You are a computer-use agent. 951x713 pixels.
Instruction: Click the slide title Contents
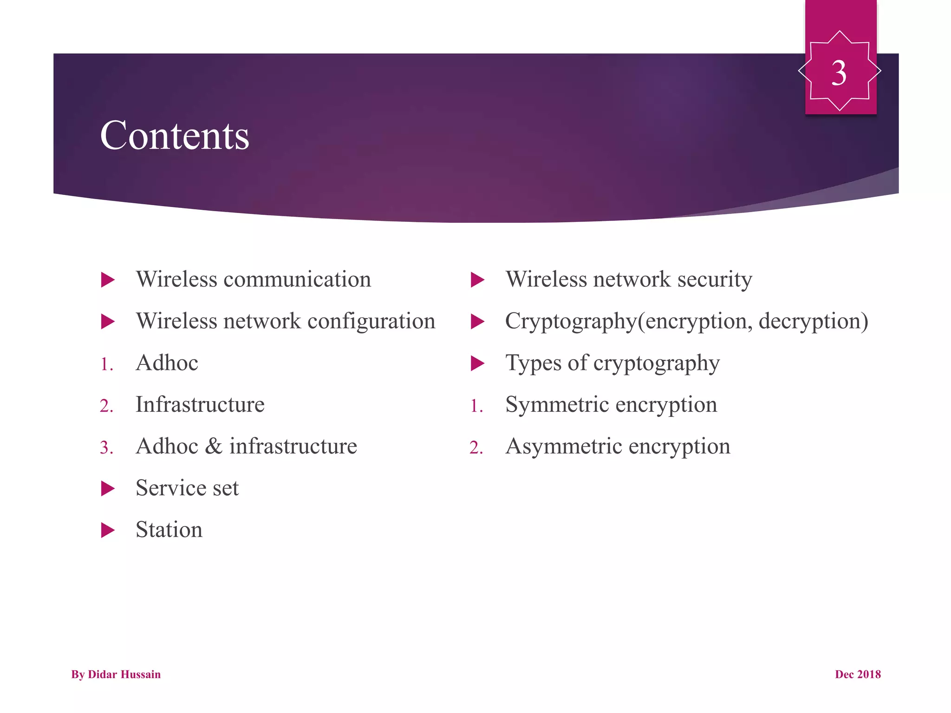tap(175, 136)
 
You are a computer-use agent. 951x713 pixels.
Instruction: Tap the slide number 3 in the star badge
tap(839, 73)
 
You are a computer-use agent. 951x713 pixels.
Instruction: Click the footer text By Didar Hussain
tap(116, 674)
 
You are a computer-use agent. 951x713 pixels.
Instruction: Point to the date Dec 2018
tap(858, 674)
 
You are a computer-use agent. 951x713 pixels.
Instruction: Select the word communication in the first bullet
tap(297, 279)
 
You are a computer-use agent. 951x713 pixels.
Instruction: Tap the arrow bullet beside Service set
tap(108, 488)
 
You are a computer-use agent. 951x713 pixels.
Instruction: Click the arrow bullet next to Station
tap(108, 530)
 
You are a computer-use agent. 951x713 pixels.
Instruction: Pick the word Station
tap(169, 530)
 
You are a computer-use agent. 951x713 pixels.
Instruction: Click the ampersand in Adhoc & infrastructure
tap(214, 447)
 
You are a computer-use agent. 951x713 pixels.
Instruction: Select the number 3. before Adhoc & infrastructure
tap(106, 448)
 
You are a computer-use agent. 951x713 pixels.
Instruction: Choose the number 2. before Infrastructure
tap(106, 406)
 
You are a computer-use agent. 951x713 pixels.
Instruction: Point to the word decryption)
tap(813, 322)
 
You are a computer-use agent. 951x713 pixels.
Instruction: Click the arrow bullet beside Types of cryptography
tap(477, 363)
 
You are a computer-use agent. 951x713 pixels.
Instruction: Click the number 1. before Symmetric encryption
tap(476, 406)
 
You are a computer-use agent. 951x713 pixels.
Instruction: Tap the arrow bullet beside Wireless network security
tap(477, 279)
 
